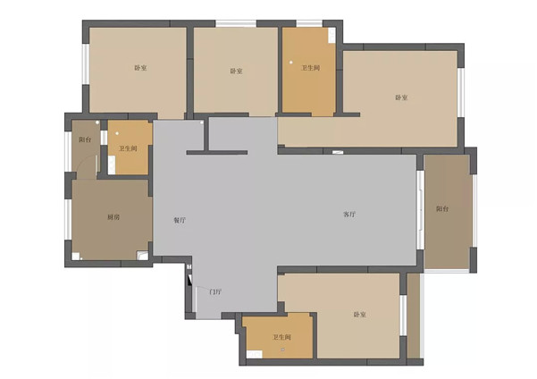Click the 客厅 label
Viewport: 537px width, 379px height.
[349, 215]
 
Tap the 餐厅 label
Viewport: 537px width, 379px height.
[180, 220]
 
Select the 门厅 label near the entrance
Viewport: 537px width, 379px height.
[215, 292]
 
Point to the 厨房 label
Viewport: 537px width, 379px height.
[113, 217]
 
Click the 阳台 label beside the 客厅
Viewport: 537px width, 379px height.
[442, 208]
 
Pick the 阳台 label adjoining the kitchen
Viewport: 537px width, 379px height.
[85, 139]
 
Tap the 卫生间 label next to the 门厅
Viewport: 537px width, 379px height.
[281, 337]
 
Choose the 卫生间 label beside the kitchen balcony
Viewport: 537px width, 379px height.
[128, 148]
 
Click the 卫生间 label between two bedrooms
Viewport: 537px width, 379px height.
[310, 68]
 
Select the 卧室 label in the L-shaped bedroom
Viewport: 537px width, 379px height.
[401, 97]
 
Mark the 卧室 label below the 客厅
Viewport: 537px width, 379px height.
[359, 315]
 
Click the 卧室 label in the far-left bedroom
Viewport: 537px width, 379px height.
[140, 68]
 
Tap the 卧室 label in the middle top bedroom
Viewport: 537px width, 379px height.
[236, 71]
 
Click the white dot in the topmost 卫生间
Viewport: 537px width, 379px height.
[291, 63]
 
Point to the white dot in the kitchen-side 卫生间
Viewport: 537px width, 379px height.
[117, 133]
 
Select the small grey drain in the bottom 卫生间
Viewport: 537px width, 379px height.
[282, 350]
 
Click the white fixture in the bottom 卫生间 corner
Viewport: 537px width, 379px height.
[255, 354]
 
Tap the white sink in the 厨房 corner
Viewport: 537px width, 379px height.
[142, 256]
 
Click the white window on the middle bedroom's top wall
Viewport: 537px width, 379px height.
[236, 23]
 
